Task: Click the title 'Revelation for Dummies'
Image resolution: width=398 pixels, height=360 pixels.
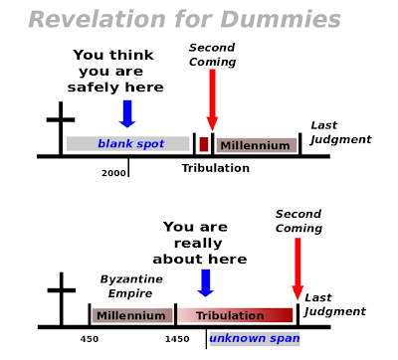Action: tap(185, 19)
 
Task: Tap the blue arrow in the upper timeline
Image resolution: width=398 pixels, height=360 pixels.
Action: tap(127, 113)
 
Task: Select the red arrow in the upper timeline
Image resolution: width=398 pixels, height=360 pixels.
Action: tap(212, 99)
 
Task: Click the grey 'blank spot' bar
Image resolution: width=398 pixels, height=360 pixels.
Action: tap(128, 143)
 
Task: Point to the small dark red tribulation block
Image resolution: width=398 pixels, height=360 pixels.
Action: tap(204, 144)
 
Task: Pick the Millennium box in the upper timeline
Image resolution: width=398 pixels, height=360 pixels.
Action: tap(256, 145)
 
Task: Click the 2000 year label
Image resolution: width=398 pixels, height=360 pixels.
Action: tap(113, 173)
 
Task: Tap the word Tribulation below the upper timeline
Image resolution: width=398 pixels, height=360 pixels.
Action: tap(216, 168)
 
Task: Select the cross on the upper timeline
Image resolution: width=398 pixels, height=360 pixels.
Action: tap(61, 128)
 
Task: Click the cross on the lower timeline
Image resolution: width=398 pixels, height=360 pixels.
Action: tap(62, 299)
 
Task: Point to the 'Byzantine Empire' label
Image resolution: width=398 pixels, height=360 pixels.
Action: tap(131, 286)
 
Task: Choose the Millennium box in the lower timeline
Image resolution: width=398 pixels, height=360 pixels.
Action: tap(132, 315)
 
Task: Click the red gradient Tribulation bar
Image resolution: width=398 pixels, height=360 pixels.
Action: tap(235, 315)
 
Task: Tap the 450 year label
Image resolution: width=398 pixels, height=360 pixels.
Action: tap(90, 339)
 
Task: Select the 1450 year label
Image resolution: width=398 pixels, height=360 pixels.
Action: tap(177, 339)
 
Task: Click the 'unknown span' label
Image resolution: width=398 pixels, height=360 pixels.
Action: tap(255, 339)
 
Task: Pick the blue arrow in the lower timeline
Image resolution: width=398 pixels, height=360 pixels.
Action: tap(206, 282)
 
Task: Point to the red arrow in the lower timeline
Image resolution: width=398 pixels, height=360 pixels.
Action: tap(298, 269)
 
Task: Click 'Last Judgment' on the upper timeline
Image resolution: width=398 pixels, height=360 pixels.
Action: tap(341, 132)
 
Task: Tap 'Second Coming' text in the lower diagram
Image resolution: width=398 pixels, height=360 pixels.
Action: tap(298, 221)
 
